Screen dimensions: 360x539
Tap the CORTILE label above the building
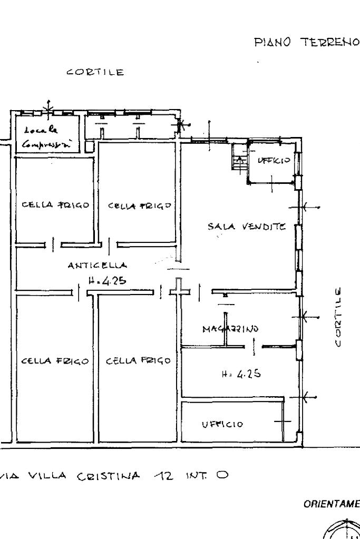tap(95, 73)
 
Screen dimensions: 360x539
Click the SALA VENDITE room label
tap(246, 227)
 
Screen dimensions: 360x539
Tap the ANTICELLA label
tap(98, 267)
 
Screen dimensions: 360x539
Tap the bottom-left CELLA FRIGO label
tap(53, 361)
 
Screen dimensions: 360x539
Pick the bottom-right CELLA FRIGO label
tap(138, 361)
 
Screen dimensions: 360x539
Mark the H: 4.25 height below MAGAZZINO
tap(240, 375)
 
